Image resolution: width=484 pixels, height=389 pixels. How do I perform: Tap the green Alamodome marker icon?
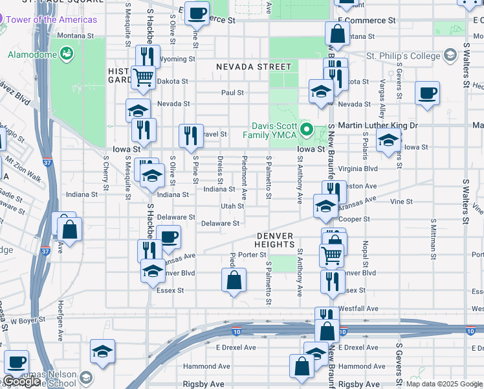[x=66, y=51]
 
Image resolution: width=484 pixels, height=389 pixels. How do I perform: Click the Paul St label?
[x=232, y=93]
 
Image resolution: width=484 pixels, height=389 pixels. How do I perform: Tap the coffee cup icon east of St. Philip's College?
[x=427, y=93]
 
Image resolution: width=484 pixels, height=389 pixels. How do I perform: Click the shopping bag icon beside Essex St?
[x=234, y=281]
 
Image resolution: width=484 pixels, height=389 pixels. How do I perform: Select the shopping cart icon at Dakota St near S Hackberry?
[x=143, y=77]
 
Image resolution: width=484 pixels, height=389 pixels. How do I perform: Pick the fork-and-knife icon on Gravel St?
[x=191, y=135]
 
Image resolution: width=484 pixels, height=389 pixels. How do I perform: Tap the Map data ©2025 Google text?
[x=443, y=384]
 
